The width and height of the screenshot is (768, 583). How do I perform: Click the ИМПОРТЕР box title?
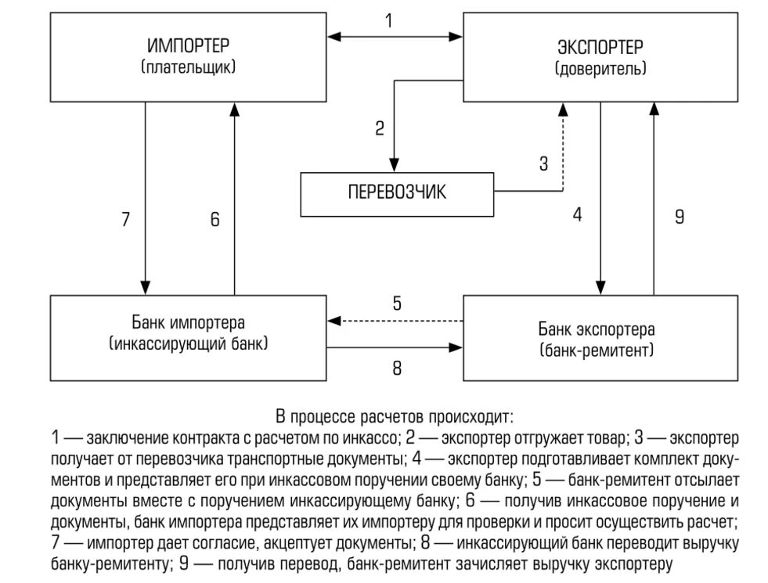(x=189, y=46)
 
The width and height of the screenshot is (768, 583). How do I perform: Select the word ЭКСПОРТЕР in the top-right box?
(x=600, y=46)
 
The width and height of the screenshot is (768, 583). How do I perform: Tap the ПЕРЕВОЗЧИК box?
(x=398, y=193)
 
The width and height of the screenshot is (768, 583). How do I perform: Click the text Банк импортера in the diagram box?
(x=189, y=322)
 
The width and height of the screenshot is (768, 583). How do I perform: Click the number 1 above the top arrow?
(x=389, y=21)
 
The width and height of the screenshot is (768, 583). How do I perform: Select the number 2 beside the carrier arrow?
(x=380, y=128)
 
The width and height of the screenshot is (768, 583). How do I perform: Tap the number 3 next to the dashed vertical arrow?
(x=544, y=164)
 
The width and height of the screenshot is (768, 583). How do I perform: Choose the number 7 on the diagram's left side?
(x=125, y=220)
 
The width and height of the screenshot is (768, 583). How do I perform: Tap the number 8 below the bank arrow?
(x=397, y=367)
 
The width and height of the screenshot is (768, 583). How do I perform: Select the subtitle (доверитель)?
(x=600, y=68)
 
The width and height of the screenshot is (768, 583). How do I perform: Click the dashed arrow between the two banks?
(x=395, y=320)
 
